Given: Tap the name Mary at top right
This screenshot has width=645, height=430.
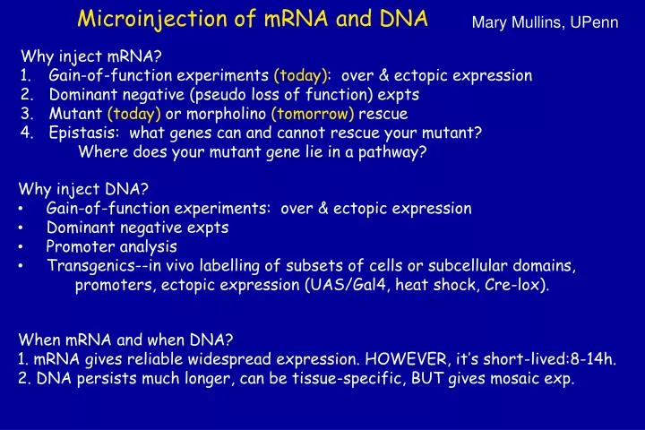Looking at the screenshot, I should tap(490, 21).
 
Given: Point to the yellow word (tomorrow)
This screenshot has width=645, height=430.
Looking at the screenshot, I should tap(313, 114).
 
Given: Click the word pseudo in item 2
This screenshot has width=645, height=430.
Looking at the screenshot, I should tap(250, 95).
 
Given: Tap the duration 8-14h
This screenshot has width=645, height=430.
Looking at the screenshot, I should tap(592, 359).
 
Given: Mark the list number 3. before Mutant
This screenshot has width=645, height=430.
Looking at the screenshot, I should tap(26, 114).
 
